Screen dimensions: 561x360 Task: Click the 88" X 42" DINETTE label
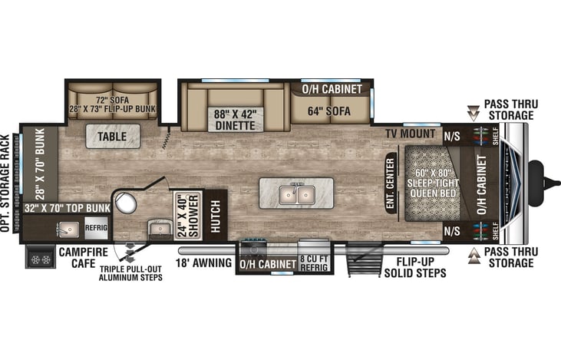235,120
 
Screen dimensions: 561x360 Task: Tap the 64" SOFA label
329,111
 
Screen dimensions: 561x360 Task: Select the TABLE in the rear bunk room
112,137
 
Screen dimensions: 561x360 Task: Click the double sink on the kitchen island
297,195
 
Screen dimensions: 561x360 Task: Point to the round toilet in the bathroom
126,203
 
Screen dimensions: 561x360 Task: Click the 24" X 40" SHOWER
188,216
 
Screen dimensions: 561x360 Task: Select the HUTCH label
215,216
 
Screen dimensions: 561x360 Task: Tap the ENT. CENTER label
390,183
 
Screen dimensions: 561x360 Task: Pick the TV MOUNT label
411,134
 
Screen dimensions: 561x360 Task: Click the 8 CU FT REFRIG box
314,263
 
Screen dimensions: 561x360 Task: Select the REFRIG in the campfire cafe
96,228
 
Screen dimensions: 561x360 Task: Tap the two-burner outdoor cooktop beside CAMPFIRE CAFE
41,259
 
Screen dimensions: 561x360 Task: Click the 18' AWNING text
203,263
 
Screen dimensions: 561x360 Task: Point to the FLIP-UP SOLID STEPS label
415,267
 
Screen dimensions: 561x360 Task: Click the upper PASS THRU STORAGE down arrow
474,113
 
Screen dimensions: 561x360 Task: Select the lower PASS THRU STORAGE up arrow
474,256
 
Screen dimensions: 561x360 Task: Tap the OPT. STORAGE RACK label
5,183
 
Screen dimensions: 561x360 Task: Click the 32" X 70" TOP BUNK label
68,208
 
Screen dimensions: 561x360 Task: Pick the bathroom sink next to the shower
160,230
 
